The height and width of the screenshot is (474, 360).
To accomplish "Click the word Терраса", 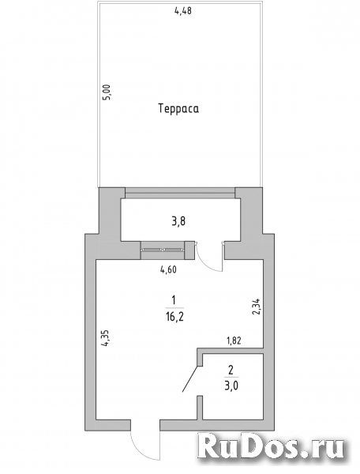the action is (178, 108).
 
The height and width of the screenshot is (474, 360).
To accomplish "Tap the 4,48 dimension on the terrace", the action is (183, 11).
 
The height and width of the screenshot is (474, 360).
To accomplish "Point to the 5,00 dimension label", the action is (108, 92).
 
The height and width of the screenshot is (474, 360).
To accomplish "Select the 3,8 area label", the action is (178, 222).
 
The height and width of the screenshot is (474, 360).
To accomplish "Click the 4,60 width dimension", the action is (168, 269).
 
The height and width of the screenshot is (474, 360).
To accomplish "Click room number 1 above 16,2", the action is (174, 300).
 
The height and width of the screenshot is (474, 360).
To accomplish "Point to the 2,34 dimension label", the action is (256, 307).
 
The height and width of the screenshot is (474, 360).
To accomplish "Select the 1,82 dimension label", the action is (234, 340).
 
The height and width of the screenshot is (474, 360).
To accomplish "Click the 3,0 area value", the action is (231, 386).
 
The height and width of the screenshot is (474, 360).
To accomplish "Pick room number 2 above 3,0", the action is (231, 370).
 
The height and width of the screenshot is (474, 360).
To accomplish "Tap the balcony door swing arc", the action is (204, 264).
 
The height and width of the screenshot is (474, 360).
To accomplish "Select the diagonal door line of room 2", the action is (190, 378).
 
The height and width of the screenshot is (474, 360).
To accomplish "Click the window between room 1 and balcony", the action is (163, 250).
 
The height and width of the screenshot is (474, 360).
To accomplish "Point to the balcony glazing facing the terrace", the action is (180, 193).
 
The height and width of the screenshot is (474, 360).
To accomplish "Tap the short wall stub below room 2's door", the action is (199, 408).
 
